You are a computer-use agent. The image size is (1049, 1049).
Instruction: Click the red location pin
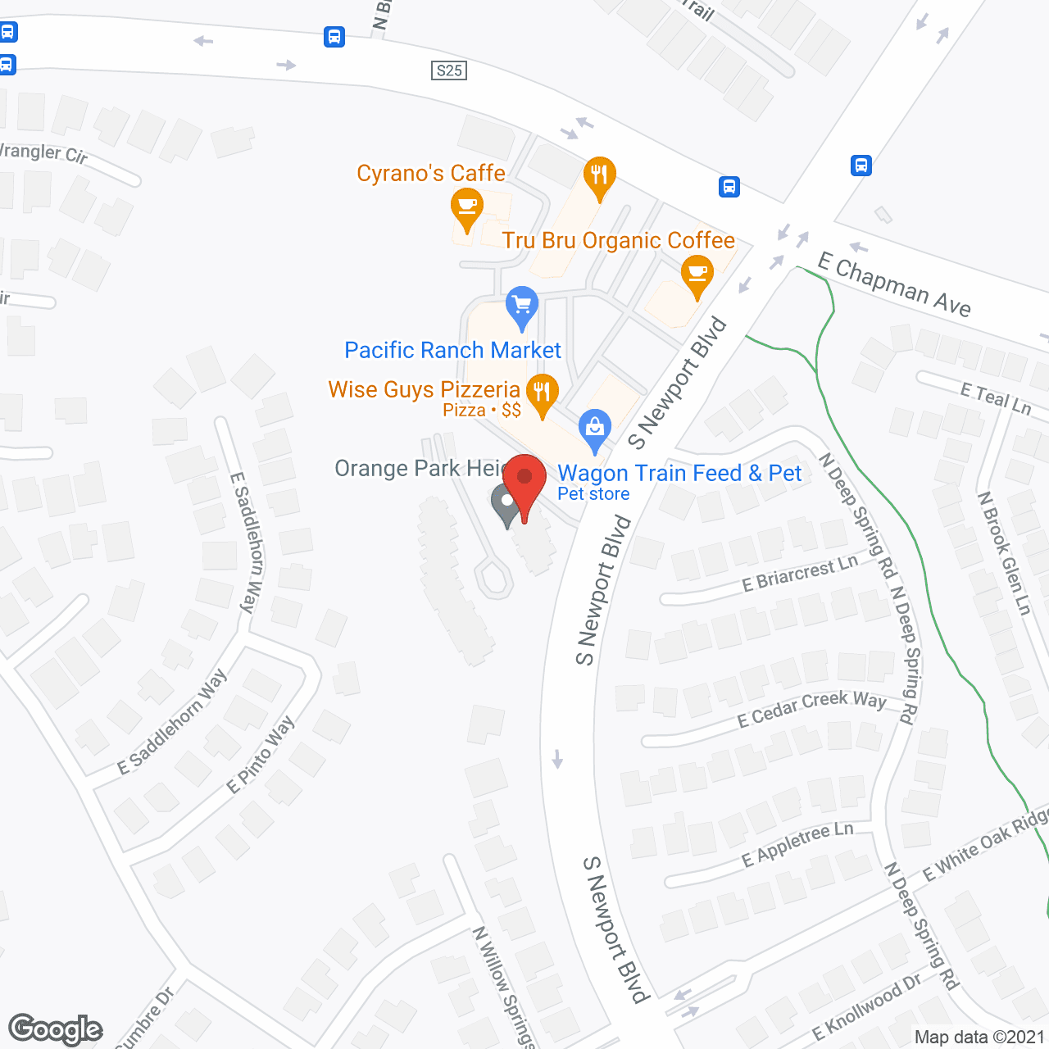tap(524, 484)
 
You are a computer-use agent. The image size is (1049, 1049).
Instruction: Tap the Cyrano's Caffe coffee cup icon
tap(466, 207)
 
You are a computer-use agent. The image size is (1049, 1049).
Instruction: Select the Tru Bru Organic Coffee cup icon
tap(697, 274)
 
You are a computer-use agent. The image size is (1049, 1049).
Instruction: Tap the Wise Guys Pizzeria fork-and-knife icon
tap(542, 393)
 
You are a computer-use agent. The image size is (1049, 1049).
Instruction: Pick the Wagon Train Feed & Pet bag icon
tap(595, 428)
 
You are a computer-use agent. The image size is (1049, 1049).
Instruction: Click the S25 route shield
tap(449, 70)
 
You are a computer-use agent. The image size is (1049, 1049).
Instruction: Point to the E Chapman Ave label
tap(894, 284)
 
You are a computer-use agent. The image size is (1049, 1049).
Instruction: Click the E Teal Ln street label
tap(995, 398)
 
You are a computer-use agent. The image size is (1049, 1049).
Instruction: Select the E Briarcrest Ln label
tap(799, 572)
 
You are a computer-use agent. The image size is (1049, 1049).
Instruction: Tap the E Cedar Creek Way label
tap(811, 708)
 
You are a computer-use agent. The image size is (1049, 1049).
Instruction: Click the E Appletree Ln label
tap(797, 845)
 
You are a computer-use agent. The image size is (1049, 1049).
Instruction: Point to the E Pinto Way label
tap(261, 755)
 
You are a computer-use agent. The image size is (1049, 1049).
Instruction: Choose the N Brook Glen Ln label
tap(1004, 553)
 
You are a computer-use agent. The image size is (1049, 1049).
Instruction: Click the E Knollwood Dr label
tap(866, 1006)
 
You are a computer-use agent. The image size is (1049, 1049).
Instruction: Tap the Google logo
tap(56, 1029)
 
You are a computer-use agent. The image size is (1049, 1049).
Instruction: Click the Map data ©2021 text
tap(979, 1037)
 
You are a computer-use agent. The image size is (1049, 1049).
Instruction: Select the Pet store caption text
tap(593, 494)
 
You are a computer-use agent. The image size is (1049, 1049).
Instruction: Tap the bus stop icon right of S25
tap(729, 187)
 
